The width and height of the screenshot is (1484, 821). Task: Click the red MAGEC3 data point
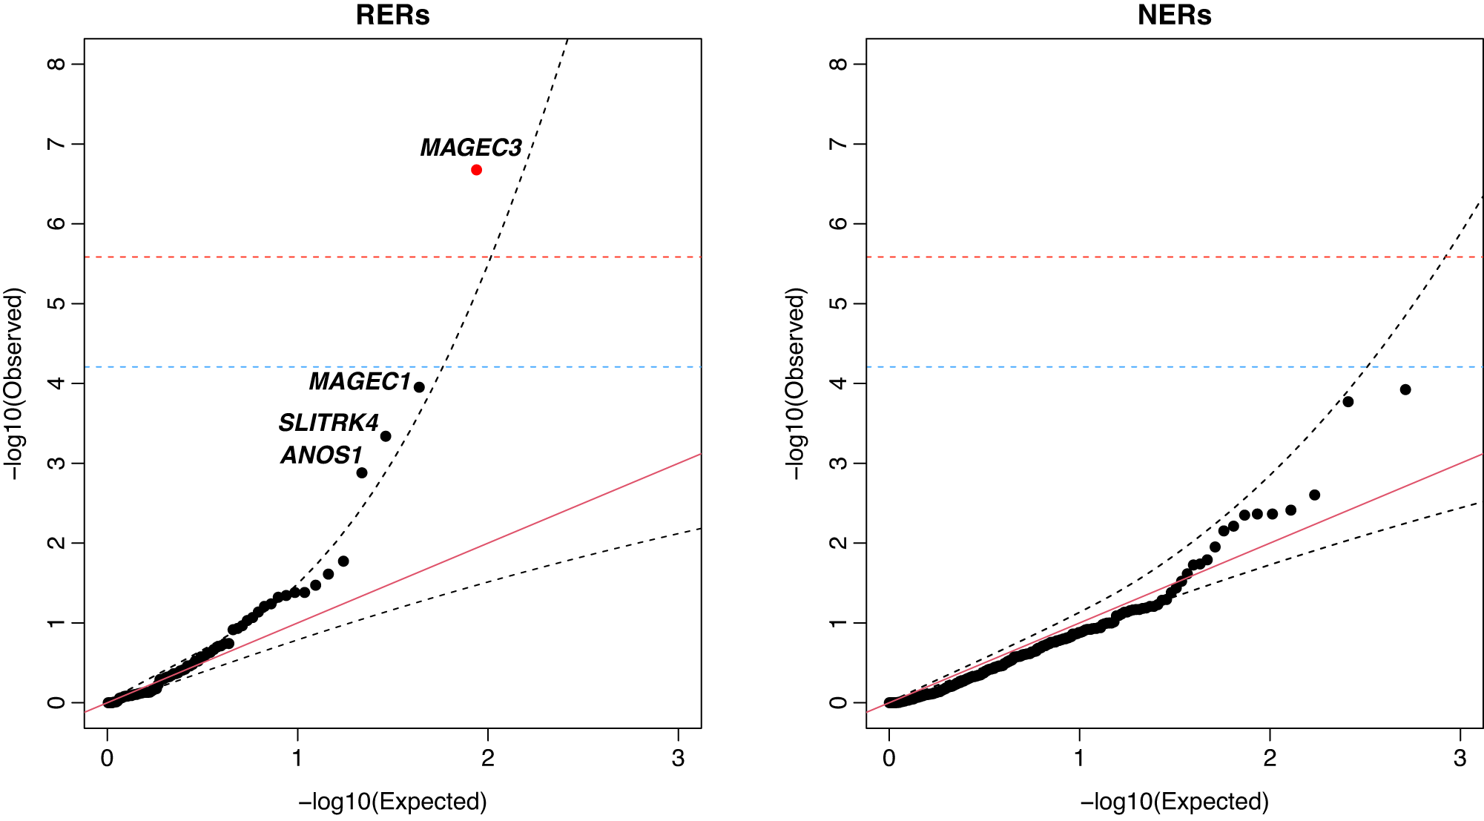[476, 170]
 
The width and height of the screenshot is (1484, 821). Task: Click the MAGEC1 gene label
[360, 381]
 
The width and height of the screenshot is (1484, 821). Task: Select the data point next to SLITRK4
[386, 436]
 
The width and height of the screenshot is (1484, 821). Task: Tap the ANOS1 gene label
[321, 455]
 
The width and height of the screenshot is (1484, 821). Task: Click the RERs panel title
[392, 16]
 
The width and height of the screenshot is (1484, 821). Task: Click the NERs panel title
[1174, 16]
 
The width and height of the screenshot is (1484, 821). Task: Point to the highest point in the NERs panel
[1405, 389]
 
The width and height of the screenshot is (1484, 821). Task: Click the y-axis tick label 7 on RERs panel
[56, 144]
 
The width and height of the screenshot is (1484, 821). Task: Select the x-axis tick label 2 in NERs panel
[1270, 758]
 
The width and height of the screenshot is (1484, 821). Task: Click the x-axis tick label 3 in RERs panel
[678, 758]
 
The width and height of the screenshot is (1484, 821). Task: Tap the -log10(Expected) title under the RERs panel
[392, 802]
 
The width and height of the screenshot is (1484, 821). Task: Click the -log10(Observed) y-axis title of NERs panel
[795, 383]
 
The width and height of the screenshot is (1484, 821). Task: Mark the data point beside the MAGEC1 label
[419, 387]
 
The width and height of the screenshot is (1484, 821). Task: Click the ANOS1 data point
[362, 472]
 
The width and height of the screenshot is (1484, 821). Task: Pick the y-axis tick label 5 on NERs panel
[838, 303]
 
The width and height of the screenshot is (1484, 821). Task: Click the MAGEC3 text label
[471, 148]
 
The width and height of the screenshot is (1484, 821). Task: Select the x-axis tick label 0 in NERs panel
[889, 758]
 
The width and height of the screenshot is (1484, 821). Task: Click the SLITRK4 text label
[329, 423]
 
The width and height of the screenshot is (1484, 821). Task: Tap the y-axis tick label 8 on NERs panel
[838, 64]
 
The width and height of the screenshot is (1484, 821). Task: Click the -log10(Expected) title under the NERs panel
[1174, 802]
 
